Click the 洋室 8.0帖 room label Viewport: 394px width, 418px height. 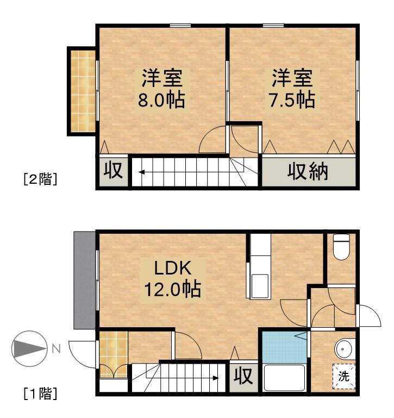tap(161, 89)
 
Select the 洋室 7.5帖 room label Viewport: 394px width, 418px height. tap(292, 89)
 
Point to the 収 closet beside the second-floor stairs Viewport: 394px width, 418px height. tap(113, 171)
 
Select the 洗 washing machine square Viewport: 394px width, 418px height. tap(343, 375)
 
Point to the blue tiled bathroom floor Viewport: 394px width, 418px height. tap(283, 348)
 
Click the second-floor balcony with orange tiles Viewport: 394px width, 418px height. tap(82, 91)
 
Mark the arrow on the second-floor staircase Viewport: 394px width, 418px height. tap(142, 173)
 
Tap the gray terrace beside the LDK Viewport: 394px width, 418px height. tap(84, 280)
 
